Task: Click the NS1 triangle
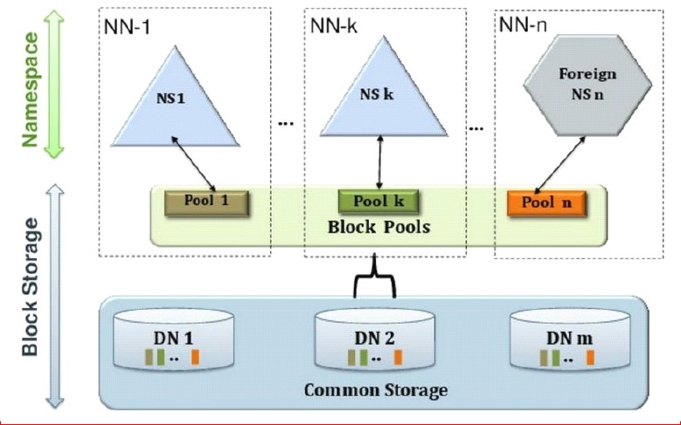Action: pos(176,105)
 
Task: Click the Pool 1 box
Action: pos(205,201)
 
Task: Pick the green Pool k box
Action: pos(379,202)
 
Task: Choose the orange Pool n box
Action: pos(545,203)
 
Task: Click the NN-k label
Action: pos(333,25)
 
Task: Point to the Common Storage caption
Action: pos(375,389)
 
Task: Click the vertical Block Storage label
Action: pos(31,288)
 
